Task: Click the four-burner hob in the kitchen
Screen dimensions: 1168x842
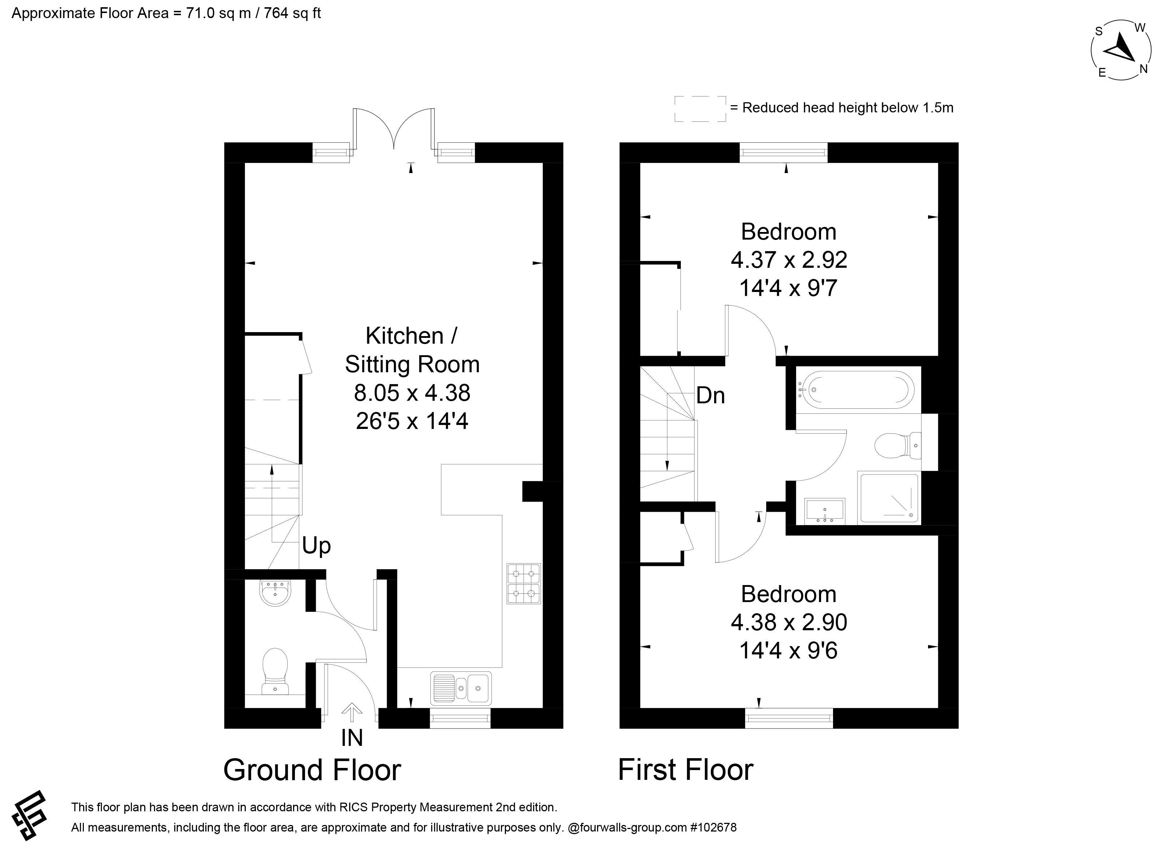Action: pos(524,584)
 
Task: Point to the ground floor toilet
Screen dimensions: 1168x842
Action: pos(275,671)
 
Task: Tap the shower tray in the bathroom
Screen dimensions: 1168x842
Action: pos(889,498)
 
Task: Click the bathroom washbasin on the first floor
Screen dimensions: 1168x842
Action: pos(824,510)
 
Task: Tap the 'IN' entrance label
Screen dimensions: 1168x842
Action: pos(352,738)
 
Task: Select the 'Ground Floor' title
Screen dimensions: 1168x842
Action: pos(312,770)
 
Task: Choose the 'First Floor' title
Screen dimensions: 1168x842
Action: pos(686,770)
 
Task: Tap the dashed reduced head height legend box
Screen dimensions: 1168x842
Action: pos(700,109)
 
